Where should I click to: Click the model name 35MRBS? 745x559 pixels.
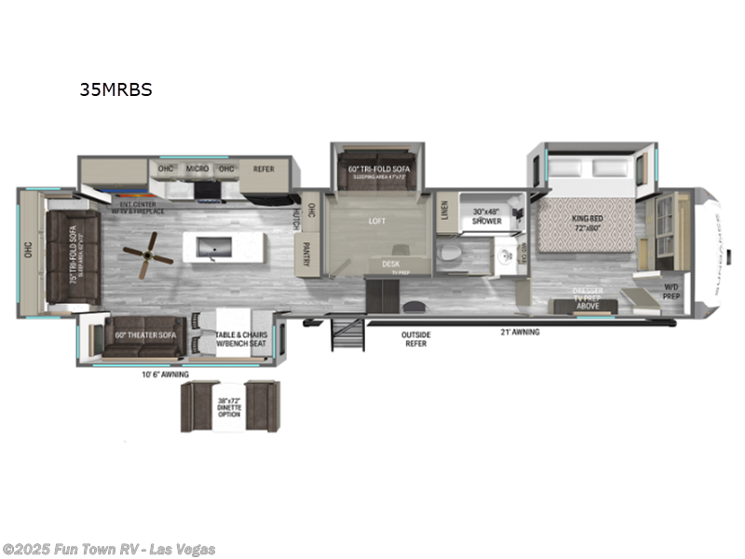[115, 90]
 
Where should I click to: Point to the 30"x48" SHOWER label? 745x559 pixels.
[486, 216]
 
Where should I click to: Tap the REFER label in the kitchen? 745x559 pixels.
[264, 170]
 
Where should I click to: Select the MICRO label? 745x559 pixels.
[196, 170]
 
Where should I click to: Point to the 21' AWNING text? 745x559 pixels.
[520, 332]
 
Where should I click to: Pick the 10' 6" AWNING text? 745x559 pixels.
[166, 375]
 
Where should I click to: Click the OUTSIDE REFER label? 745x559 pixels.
[414, 339]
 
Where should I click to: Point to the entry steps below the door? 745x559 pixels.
[346, 334]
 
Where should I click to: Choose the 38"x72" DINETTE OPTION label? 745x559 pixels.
[229, 406]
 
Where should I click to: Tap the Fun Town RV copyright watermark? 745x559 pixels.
[109, 550]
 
